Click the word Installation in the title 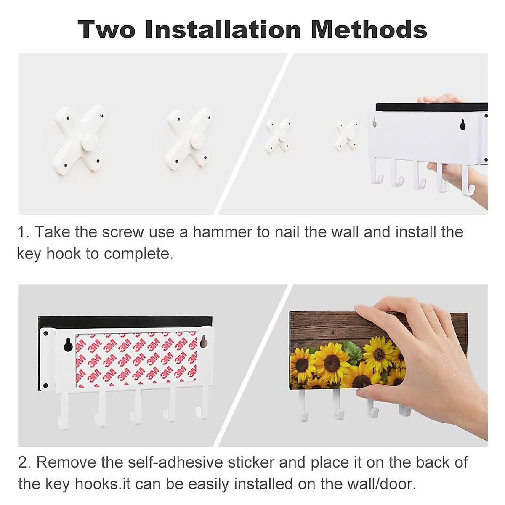pyautogui.click(x=223, y=29)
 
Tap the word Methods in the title pyautogui.click(x=369, y=29)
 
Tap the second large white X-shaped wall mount pyautogui.click(x=189, y=138)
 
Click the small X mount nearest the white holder pyautogui.click(x=346, y=135)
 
